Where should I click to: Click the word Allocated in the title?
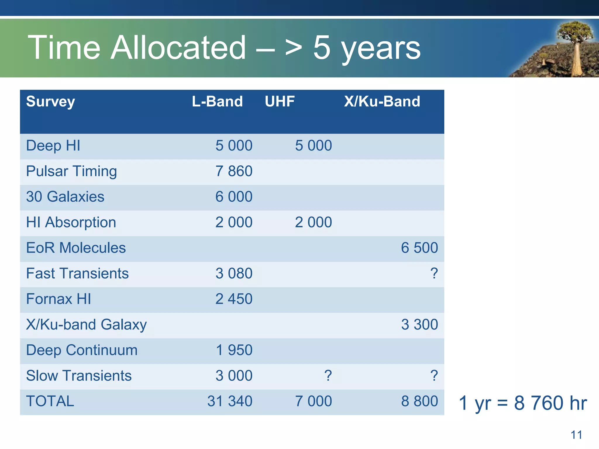178,48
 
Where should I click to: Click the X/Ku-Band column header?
382,101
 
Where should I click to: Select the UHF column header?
280,101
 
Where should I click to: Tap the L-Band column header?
217,101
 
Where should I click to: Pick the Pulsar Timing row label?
71,171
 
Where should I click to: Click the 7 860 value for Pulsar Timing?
234,171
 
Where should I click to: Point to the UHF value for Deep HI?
313,146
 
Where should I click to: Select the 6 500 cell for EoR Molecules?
419,248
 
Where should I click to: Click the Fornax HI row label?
58,299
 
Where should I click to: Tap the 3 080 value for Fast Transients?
234,274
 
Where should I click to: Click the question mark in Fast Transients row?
434,274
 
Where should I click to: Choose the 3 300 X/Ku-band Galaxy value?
419,325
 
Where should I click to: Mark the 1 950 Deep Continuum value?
234,350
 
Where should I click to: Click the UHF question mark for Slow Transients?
328,376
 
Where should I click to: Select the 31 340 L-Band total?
230,401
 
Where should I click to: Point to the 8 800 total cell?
419,401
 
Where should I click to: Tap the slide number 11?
576,435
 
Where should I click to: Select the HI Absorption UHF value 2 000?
313,222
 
